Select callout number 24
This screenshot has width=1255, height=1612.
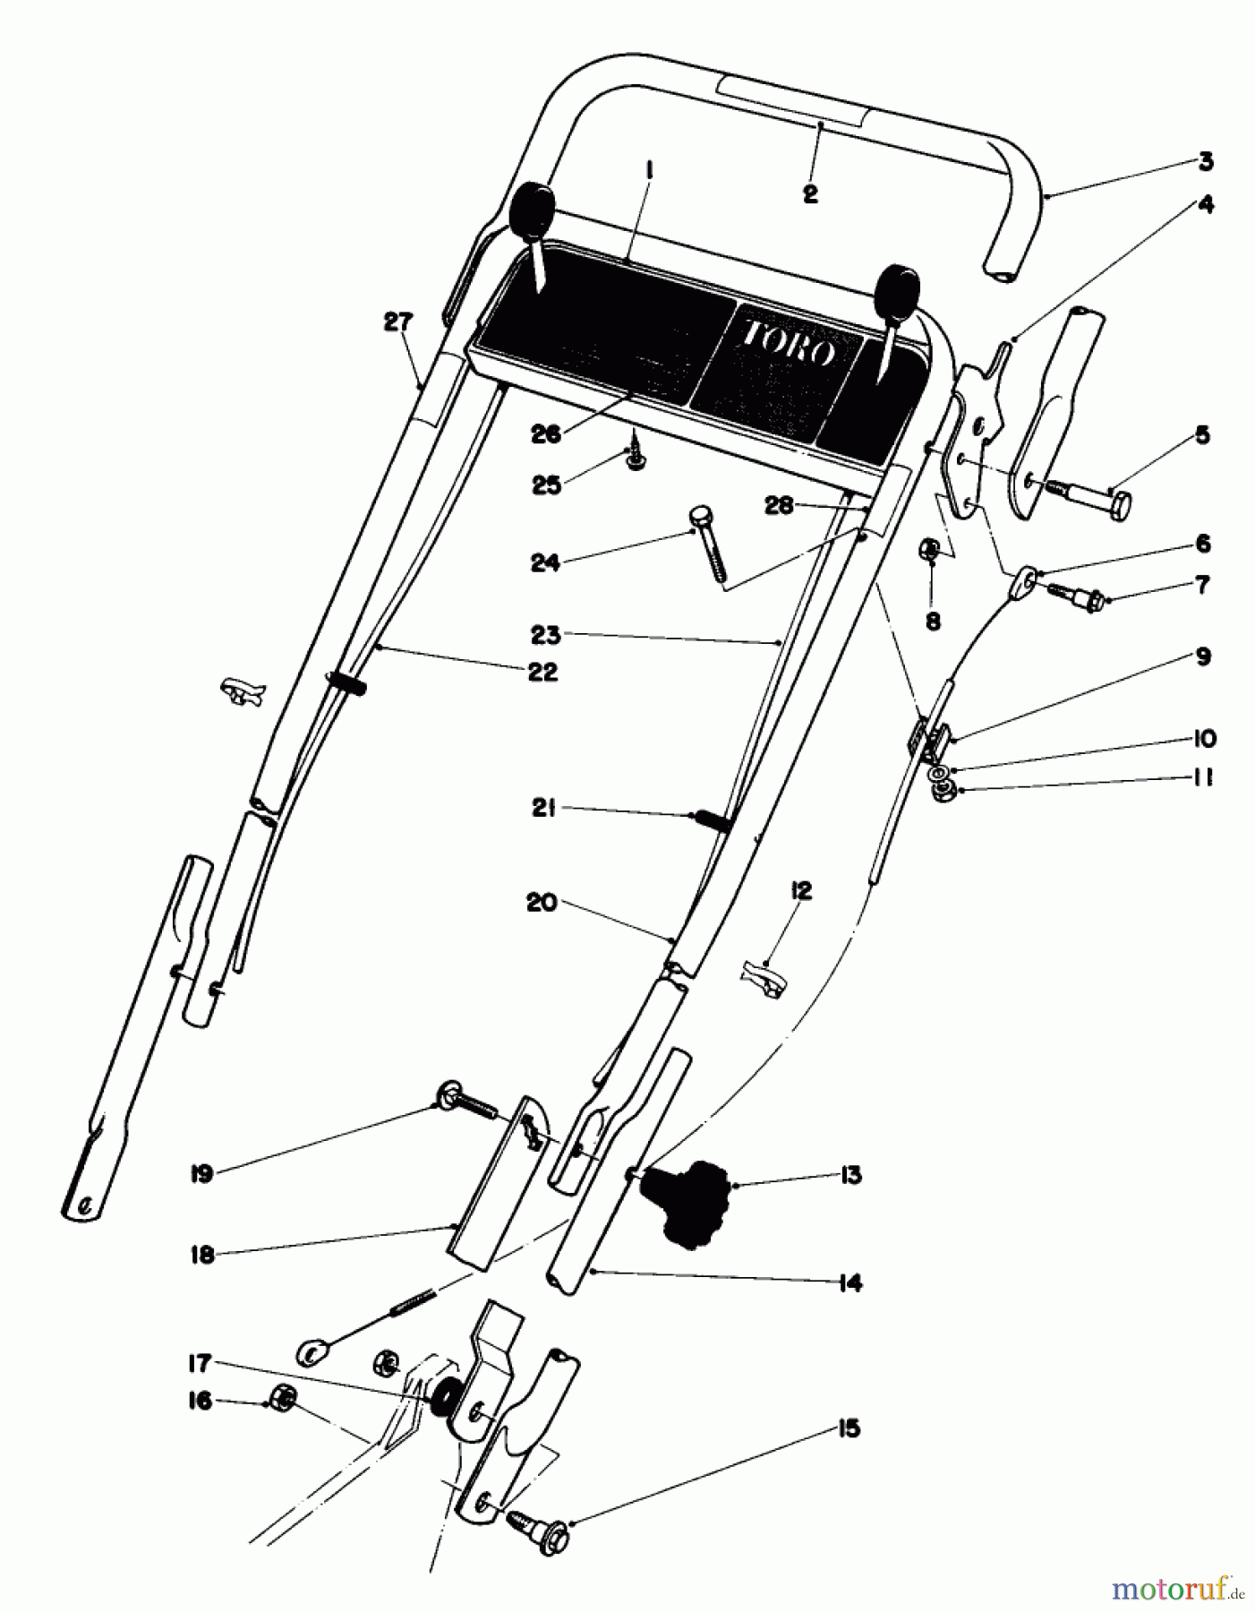[545, 562]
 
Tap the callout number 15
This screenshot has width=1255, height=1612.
[849, 1428]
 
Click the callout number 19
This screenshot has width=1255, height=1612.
[201, 1174]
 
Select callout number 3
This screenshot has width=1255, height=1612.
[1205, 162]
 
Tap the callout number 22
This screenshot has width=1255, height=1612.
[542, 672]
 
